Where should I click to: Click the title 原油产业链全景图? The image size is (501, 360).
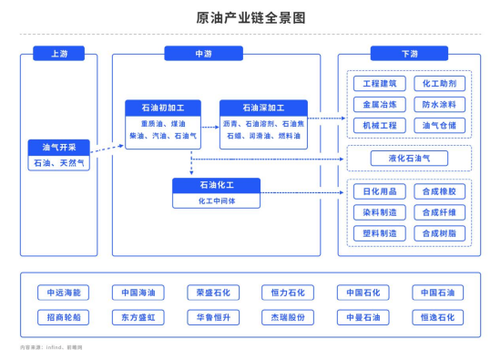coord(250,17)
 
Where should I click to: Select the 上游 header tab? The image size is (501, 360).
coord(58,54)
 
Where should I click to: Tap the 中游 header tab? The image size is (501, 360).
coord(204,54)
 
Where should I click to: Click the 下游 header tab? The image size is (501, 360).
coord(408,54)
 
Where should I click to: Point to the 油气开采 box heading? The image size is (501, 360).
coord(59,147)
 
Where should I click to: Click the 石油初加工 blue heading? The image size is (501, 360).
coord(162,108)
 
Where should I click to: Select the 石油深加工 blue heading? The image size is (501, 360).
coord(263,108)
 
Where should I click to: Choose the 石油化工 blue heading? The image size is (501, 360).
coord(216,185)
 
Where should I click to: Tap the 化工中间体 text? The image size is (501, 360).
coord(216,200)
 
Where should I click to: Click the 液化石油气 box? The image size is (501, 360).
coord(409,159)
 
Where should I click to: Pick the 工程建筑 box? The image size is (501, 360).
coord(378,84)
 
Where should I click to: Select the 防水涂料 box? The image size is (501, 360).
coord(439,104)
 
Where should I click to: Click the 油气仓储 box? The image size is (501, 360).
coord(439,124)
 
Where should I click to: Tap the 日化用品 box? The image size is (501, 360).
coord(378,191)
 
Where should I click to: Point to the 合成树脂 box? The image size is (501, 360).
coord(439,232)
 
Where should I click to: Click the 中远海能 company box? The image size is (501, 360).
coord(64,293)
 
